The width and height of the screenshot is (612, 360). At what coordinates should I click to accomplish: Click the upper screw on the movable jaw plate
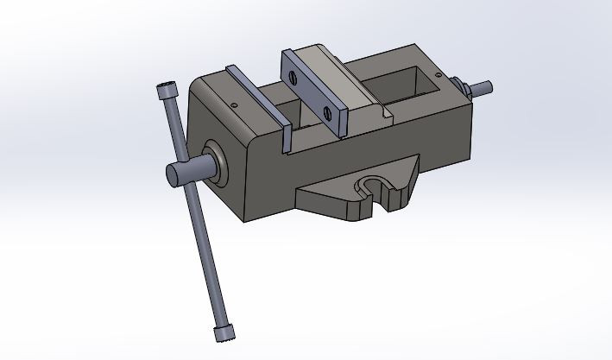pos(296,77)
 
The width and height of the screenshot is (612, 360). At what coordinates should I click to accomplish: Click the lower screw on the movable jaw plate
pos(327,111)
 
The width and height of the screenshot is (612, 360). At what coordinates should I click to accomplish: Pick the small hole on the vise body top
pos(235,106)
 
